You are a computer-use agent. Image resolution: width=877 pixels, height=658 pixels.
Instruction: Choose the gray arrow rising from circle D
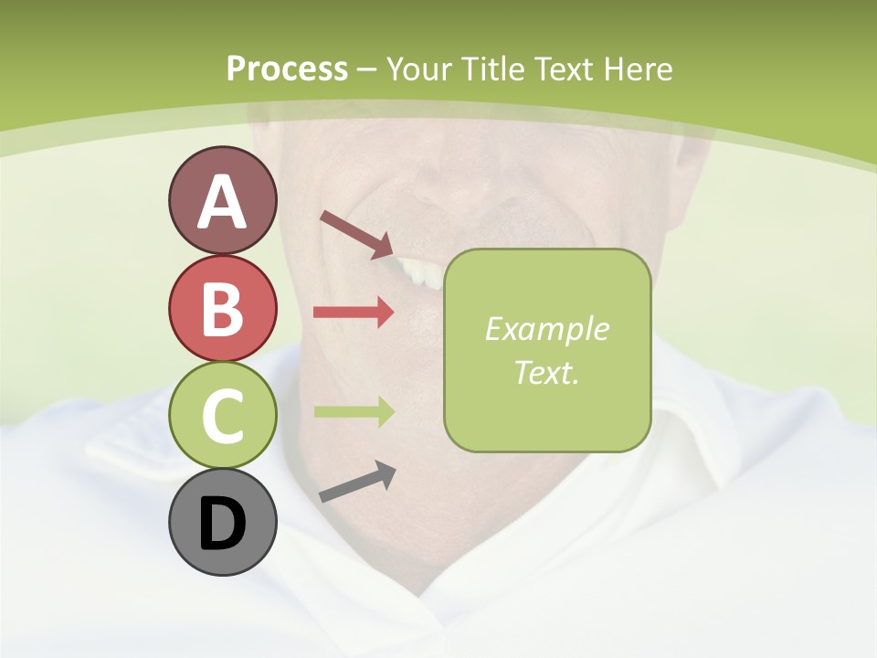[x=357, y=482]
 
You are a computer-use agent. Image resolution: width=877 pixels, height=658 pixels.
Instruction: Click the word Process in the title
[x=287, y=69]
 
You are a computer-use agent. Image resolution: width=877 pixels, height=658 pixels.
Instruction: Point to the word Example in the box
[x=546, y=329]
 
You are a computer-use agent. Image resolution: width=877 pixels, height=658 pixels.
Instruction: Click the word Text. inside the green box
[x=546, y=373]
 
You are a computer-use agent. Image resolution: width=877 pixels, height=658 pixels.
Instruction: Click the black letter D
[x=222, y=525]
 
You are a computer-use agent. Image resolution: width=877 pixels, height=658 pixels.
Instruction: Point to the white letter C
[x=222, y=416]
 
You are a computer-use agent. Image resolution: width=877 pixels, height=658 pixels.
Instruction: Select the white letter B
[x=222, y=309]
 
